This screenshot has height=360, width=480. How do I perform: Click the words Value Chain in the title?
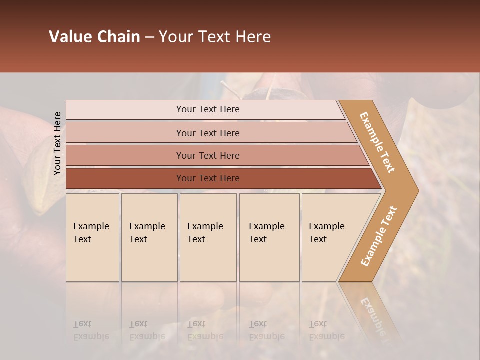pyautogui.click(x=94, y=37)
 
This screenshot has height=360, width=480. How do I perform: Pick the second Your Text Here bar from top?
pyautogui.click(x=208, y=133)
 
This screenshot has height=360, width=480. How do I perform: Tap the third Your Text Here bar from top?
pyautogui.click(x=208, y=155)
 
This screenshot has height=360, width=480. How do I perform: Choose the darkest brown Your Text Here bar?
pyautogui.click(x=208, y=178)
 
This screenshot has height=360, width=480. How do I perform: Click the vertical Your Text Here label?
pyautogui.click(x=57, y=143)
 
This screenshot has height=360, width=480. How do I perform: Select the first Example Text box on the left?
pyautogui.click(x=92, y=237)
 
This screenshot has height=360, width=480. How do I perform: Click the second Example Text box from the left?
pyautogui.click(x=149, y=237)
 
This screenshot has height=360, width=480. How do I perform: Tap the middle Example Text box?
pyautogui.click(x=207, y=237)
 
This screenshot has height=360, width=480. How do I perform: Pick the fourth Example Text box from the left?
pyautogui.click(x=269, y=237)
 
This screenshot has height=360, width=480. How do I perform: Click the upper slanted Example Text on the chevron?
pyautogui.click(x=377, y=142)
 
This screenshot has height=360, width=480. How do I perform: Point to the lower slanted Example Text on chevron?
pyautogui.click(x=379, y=236)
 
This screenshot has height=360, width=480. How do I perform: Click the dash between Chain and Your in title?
pyautogui.click(x=149, y=37)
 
